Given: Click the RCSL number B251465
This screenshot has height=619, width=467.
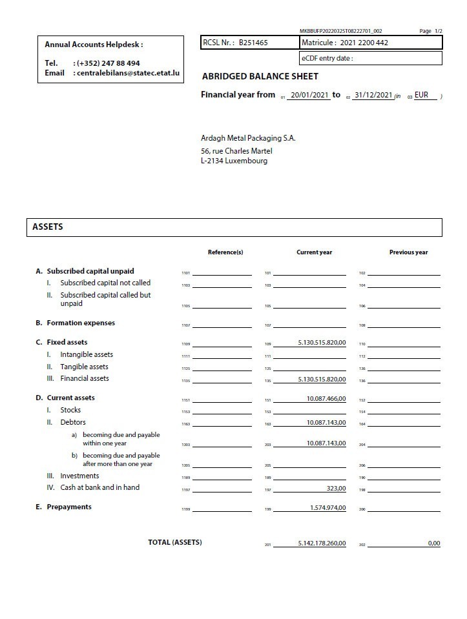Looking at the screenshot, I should click(253, 43).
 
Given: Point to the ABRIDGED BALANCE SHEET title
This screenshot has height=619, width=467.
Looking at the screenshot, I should click(260, 76).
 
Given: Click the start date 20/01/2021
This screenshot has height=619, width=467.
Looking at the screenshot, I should click(310, 95).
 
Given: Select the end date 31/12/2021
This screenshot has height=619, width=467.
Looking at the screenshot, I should click(373, 95).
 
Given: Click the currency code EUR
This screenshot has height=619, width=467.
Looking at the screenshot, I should click(421, 95).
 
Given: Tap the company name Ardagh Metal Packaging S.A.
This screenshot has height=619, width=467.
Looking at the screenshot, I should click(248, 138).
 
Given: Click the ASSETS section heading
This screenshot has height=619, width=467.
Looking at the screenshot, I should click(48, 227).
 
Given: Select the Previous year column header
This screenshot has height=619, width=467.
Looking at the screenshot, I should click(408, 252).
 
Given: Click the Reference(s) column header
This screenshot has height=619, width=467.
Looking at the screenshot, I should click(225, 252).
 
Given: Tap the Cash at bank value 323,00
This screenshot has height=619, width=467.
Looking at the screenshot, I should click(336, 488).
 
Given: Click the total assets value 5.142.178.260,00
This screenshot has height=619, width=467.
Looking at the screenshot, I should click(322, 543).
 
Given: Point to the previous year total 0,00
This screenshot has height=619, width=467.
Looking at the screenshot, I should click(433, 543).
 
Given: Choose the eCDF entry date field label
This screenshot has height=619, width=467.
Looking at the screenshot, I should click(327, 58).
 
